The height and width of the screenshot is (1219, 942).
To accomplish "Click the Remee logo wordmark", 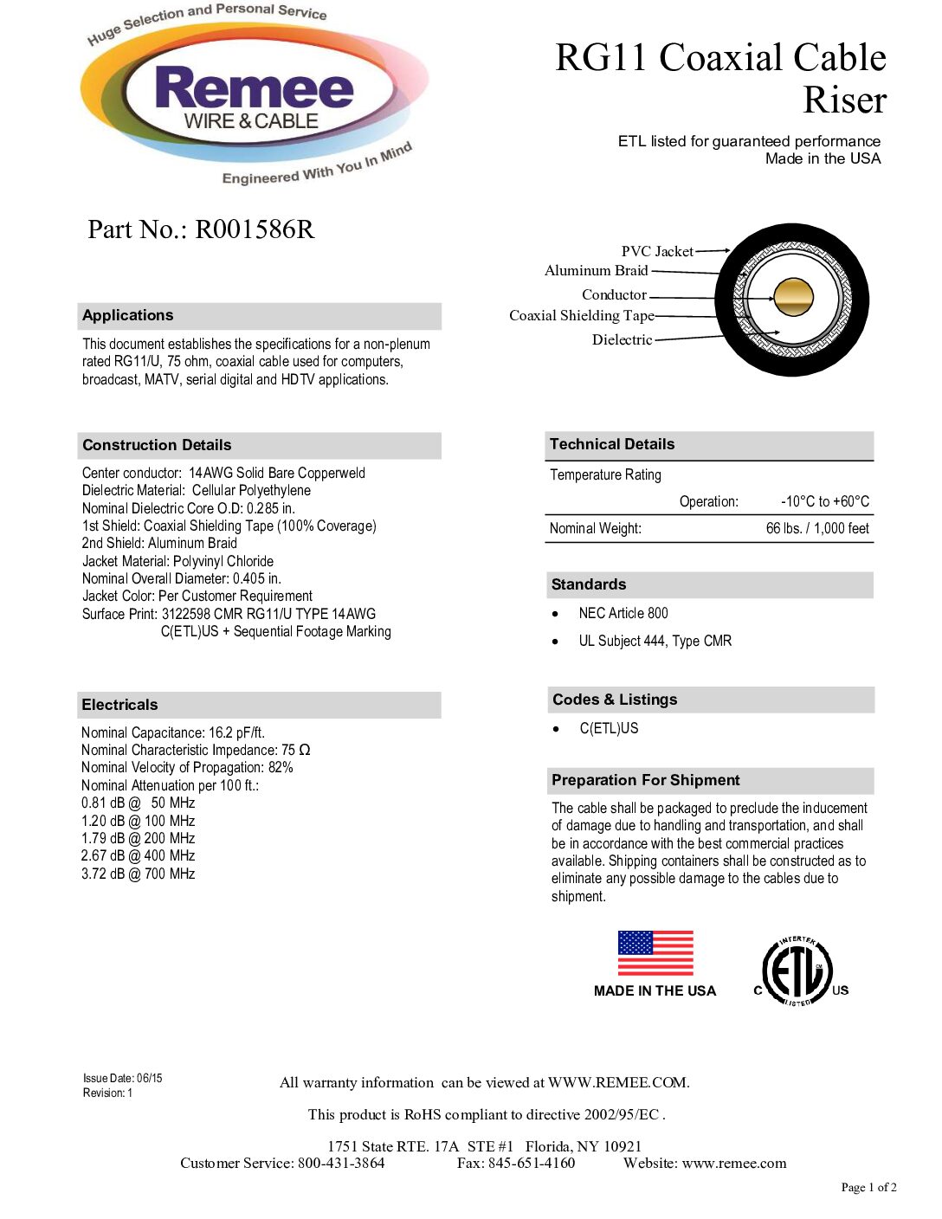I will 254,89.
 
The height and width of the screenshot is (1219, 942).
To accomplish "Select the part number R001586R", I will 255,229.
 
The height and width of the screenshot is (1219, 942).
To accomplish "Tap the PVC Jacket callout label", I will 656,251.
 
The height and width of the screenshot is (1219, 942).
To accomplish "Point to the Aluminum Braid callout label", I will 596,270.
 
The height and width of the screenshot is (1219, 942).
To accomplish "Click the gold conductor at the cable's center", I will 793,297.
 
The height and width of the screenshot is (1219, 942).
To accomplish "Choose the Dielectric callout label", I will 622,339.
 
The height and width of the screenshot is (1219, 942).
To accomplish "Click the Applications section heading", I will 128,315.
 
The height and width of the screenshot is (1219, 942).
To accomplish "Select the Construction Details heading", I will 157,445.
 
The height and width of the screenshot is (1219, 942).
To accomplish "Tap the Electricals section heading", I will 119,705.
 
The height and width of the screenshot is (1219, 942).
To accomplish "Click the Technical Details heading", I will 611,444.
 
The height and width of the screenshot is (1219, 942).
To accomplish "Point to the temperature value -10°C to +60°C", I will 824,501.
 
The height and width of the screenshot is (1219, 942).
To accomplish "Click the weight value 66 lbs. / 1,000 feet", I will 816,528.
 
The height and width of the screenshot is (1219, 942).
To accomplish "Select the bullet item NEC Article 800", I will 623,613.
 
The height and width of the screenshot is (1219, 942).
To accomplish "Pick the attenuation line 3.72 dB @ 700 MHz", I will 139,874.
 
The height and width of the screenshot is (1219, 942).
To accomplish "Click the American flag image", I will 655,953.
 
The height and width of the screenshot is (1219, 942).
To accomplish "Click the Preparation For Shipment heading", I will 645,780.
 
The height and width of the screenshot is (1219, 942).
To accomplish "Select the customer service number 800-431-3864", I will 341,1163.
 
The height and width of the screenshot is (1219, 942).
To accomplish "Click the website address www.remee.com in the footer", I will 734,1163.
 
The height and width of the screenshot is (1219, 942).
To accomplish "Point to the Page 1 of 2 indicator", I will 868,1187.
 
